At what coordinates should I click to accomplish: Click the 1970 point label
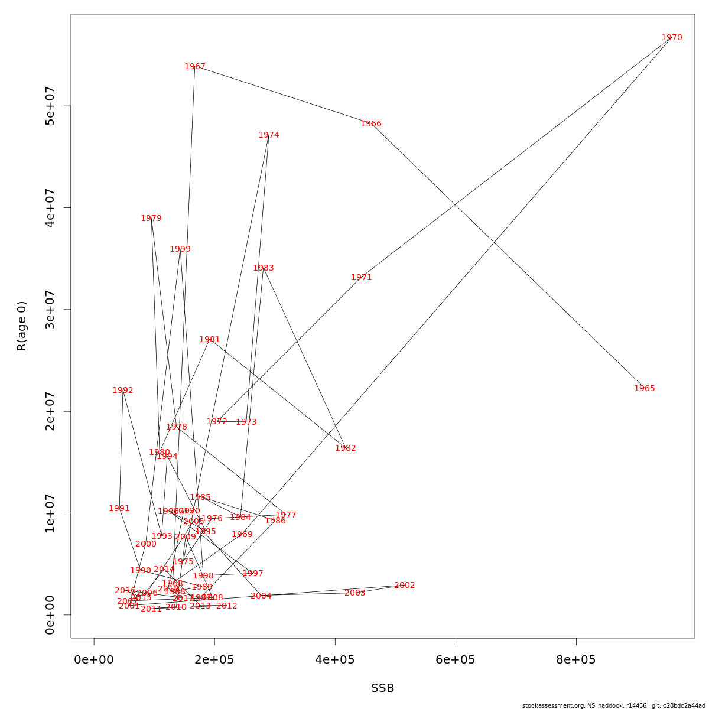click(671, 38)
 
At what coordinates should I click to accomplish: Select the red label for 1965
click(644, 389)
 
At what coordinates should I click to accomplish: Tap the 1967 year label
click(194, 67)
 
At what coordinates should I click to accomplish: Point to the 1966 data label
click(370, 124)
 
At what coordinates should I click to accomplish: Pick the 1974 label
click(268, 135)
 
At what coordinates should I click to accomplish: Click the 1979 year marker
click(151, 219)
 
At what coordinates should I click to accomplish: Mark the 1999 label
click(180, 249)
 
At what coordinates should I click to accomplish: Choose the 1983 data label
click(263, 268)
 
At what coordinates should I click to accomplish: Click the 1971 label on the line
click(361, 278)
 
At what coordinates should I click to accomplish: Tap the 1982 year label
click(345, 448)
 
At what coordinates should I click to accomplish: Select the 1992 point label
click(122, 391)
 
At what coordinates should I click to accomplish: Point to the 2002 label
click(404, 586)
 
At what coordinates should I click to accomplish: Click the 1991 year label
click(119, 509)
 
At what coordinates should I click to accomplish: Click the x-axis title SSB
click(382, 688)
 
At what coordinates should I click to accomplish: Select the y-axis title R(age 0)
click(22, 326)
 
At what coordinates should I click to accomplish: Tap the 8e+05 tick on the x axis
click(576, 660)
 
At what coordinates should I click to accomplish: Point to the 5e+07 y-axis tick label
click(50, 106)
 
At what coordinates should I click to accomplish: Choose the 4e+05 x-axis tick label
click(335, 660)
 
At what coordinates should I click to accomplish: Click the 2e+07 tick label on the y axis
click(50, 411)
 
